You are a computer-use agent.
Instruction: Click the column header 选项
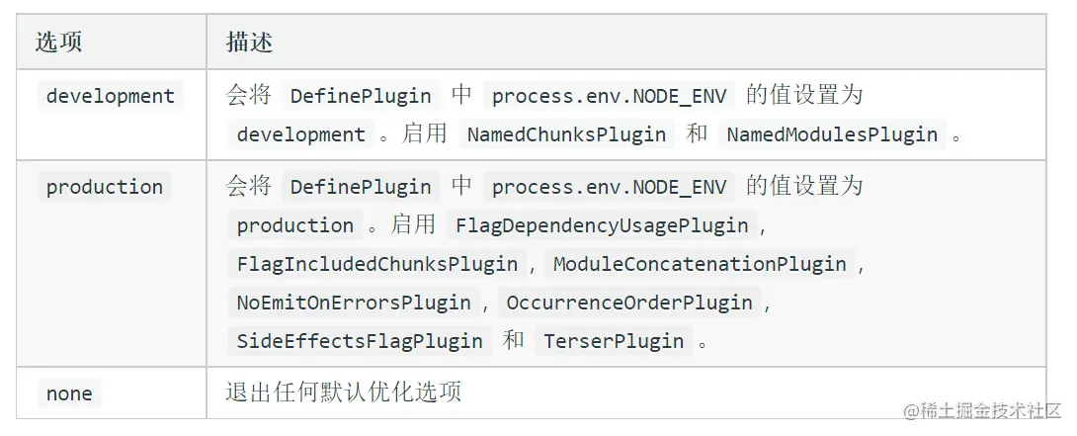58,43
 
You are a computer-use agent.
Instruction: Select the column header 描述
249,43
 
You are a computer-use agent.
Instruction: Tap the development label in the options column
110,96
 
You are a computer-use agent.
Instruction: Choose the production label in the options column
104,187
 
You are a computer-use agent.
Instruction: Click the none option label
69,393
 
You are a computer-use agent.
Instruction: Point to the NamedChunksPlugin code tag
566,134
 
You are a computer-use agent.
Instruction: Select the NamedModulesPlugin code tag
832,134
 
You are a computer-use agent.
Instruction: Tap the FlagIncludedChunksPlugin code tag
376,264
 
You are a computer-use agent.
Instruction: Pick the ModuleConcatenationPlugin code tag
700,264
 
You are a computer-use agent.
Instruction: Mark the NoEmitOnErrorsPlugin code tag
356,303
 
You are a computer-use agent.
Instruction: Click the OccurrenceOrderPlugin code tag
629,303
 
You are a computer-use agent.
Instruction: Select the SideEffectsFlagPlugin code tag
360,341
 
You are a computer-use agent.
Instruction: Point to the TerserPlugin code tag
614,341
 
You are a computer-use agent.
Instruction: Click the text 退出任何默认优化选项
344,392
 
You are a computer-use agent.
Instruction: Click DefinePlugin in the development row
360,96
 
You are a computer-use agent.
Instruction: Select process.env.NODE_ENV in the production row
609,187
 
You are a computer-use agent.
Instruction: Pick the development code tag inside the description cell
300,134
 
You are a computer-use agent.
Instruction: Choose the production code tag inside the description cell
294,225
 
